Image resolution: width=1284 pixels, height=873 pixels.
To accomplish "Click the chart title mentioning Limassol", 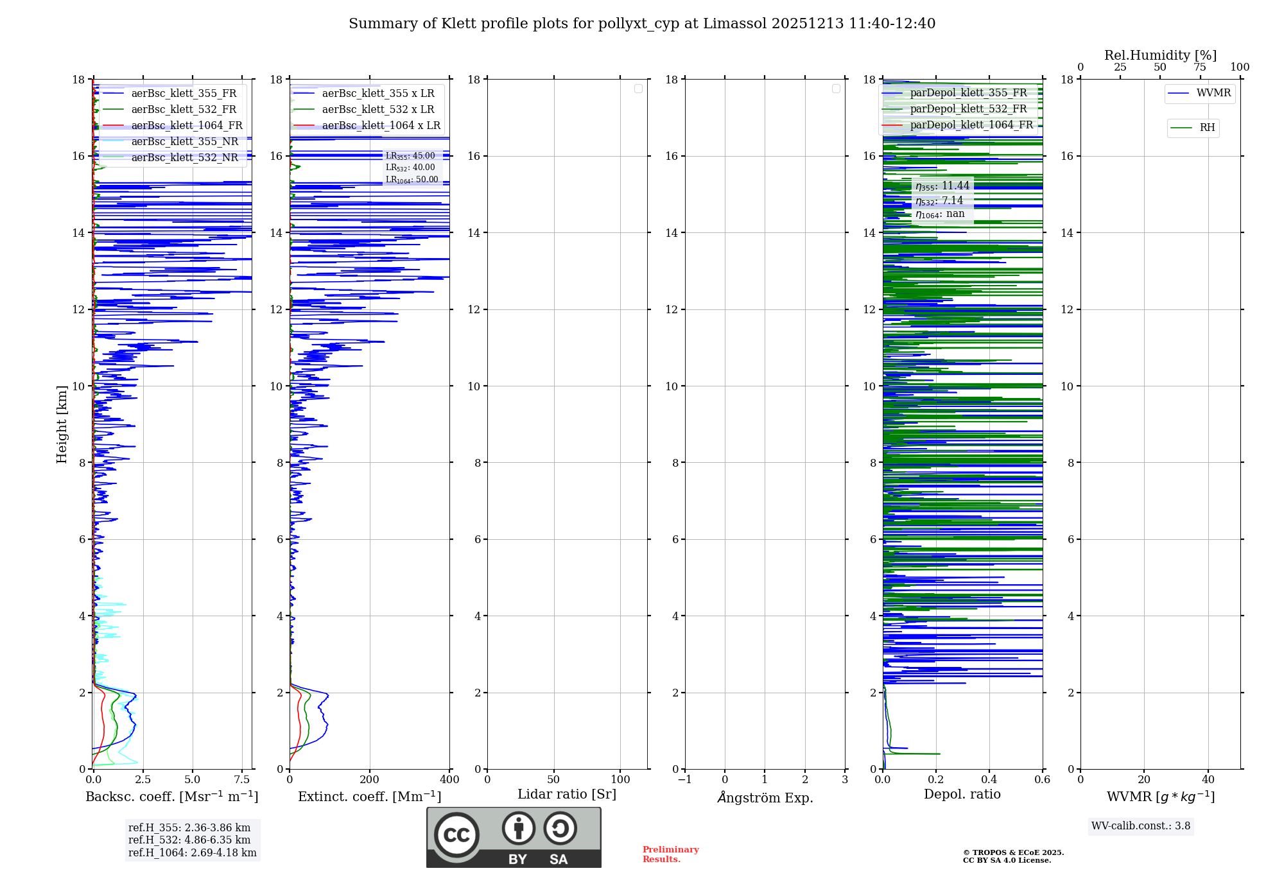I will tap(642, 24).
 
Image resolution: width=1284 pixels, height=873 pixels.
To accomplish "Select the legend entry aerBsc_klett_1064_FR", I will tap(187, 126).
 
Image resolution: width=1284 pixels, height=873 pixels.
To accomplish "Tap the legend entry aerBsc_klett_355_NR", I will tap(184, 142).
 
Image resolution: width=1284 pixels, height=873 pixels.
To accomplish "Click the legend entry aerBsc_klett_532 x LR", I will tap(377, 110).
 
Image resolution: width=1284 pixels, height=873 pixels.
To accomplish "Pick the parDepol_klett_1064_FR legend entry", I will tap(971, 125).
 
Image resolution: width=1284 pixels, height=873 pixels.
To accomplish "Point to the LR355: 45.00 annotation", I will tap(410, 156).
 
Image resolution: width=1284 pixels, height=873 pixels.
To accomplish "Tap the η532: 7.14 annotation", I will tap(939, 201).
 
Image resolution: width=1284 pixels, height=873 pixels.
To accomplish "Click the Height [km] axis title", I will tap(62, 424).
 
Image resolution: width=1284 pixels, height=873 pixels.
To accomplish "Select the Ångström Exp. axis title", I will tap(765, 798).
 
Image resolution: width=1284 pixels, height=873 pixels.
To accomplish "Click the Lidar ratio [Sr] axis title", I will tap(567, 795).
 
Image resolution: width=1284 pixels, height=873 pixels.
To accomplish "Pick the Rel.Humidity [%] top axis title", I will tap(1160, 55).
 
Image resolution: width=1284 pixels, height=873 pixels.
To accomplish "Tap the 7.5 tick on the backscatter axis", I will tap(242, 780).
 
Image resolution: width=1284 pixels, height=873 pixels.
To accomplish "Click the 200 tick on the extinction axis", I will tap(370, 780).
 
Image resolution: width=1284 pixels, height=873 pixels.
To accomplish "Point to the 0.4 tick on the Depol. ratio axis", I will tap(989, 780).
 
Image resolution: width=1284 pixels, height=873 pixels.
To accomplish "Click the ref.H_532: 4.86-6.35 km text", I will tap(189, 840).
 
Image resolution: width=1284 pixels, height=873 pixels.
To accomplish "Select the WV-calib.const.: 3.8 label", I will tap(1141, 826).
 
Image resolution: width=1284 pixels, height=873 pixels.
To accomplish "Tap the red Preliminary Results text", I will tap(670, 854).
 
